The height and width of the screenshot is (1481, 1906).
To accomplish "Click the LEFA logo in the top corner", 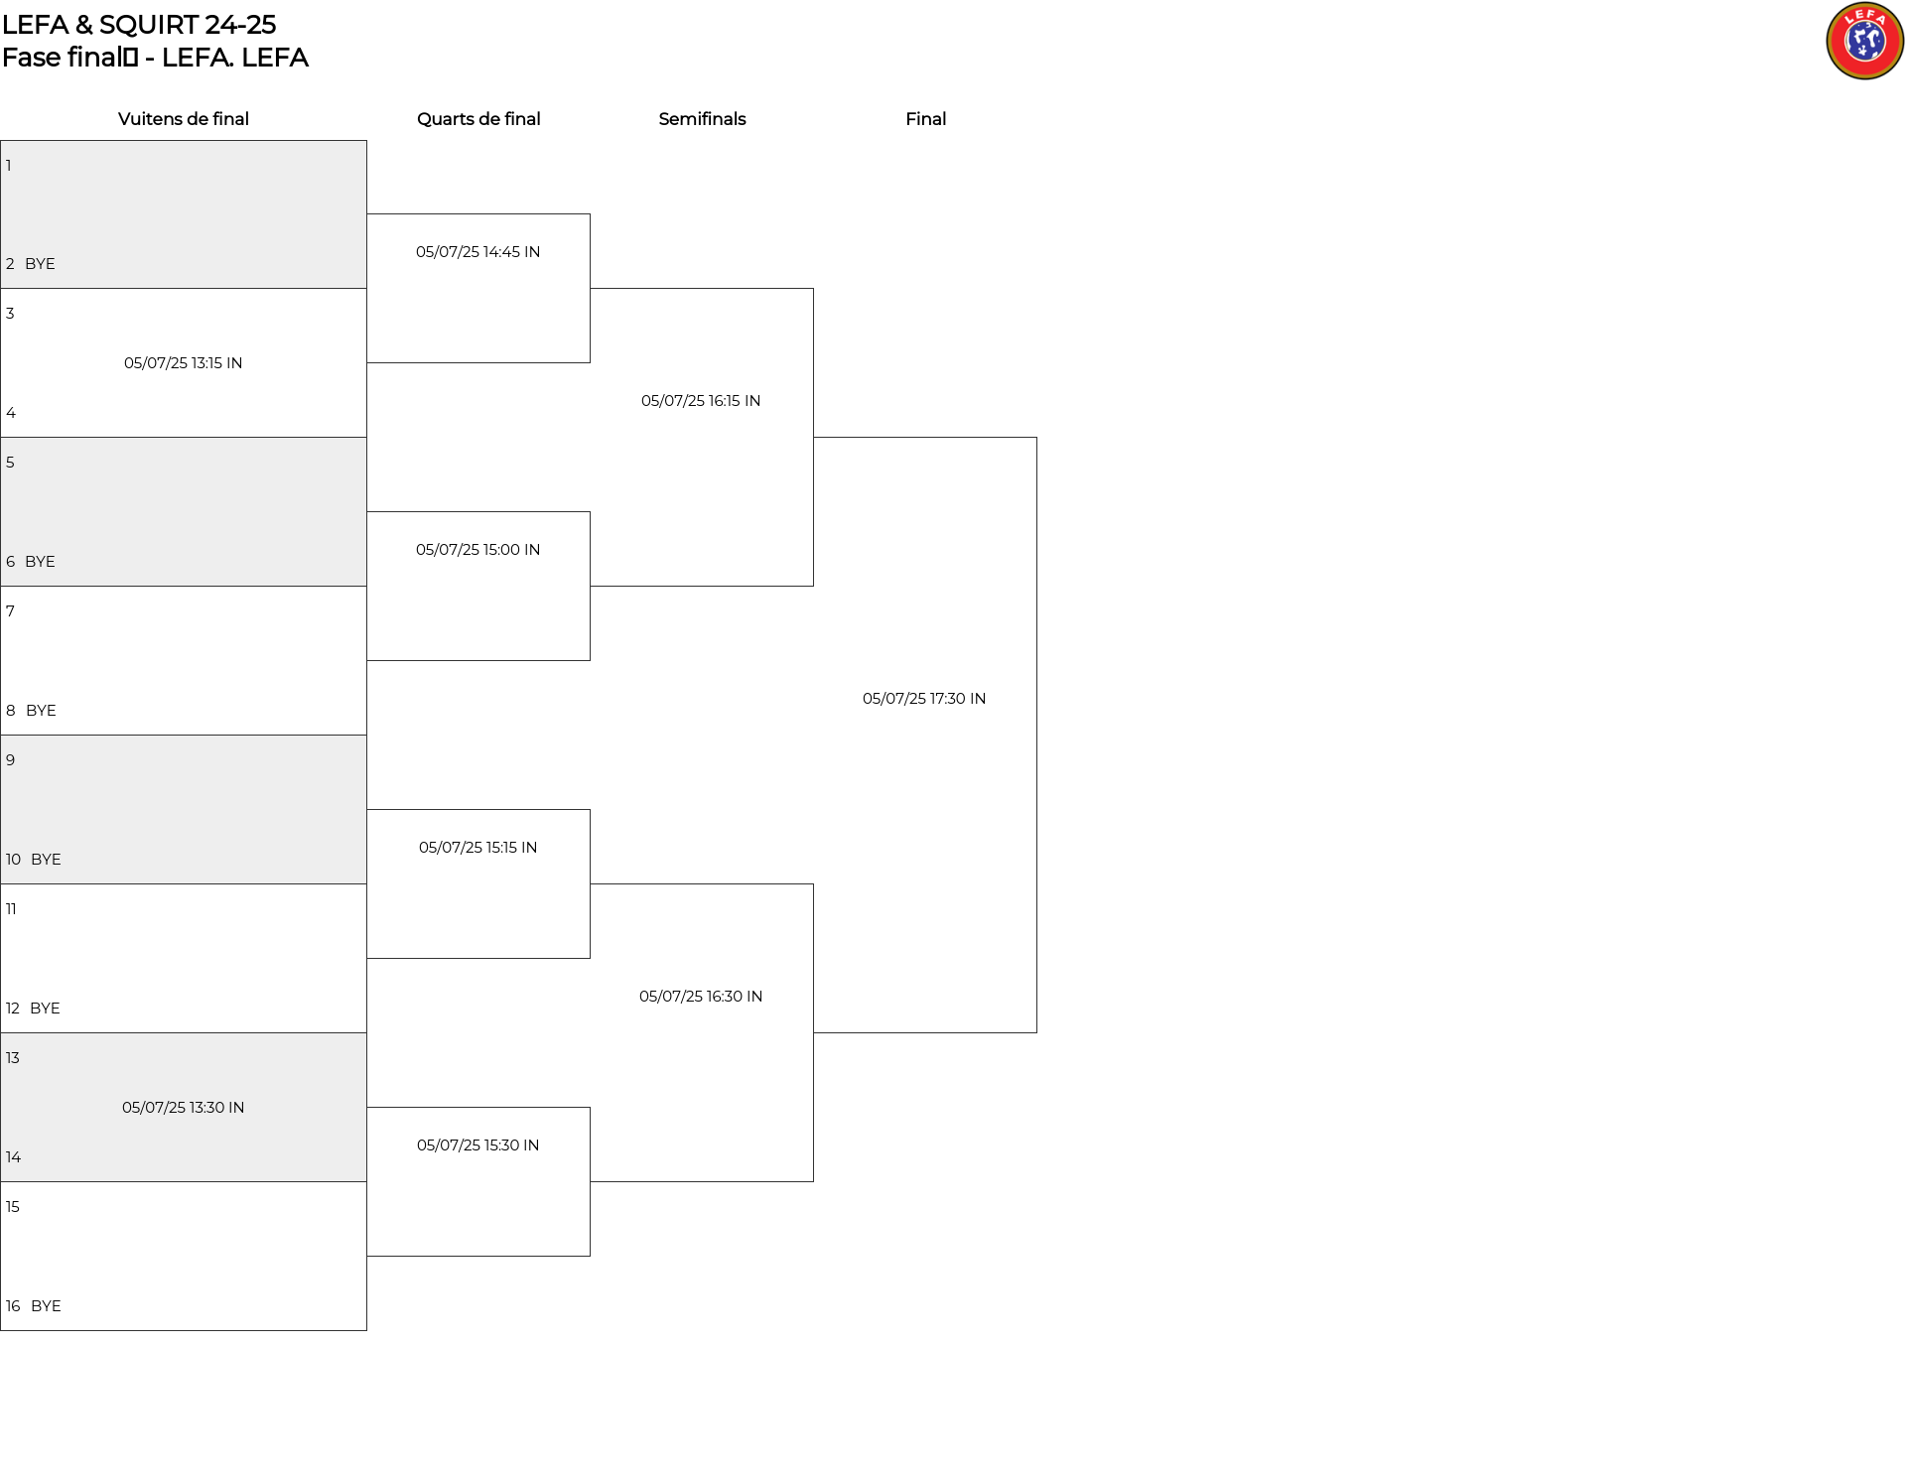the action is [x=1864, y=41].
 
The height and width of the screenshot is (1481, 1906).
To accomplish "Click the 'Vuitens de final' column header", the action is [x=184, y=119].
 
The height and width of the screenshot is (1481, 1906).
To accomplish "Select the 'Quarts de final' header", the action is [x=478, y=119].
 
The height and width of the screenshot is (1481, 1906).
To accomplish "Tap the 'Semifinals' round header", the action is [x=702, y=119].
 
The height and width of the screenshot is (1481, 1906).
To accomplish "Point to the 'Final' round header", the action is [x=925, y=119].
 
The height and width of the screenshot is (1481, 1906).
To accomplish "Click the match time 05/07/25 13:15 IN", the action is [x=184, y=363].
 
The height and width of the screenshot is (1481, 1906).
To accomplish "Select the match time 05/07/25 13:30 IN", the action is [x=184, y=1108].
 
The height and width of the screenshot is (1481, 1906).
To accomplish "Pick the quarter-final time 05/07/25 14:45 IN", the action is [x=478, y=252].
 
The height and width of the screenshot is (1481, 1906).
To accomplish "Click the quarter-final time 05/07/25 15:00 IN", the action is [x=478, y=550].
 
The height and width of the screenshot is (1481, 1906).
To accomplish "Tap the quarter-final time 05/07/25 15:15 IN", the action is [x=478, y=848].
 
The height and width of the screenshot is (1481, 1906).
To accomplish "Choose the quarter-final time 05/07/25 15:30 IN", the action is [x=478, y=1145].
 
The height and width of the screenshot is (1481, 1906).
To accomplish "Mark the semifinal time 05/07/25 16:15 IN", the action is [x=701, y=401].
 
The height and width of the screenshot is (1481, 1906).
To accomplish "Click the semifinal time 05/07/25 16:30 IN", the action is [x=701, y=997].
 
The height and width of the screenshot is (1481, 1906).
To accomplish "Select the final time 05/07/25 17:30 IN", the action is [x=924, y=699].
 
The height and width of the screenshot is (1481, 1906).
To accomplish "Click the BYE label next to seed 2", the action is [x=40, y=264].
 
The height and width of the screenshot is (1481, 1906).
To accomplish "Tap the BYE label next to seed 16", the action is [x=46, y=1306].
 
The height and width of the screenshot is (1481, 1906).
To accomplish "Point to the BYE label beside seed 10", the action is [x=46, y=860].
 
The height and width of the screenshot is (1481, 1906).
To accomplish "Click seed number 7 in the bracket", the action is [x=10, y=611].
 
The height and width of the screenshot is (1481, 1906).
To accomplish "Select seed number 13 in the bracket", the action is [x=12, y=1058].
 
